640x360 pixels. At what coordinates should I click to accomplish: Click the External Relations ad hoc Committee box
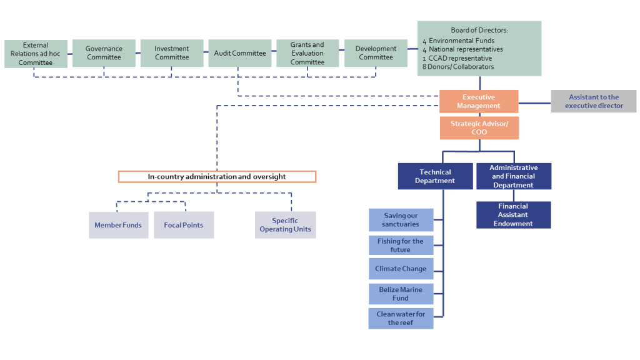point(36,54)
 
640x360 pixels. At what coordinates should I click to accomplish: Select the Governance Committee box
point(104,53)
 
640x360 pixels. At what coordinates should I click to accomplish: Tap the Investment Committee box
point(172,53)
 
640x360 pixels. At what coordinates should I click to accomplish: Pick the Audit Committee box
point(240,53)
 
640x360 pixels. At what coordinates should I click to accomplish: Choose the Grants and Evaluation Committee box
point(307,53)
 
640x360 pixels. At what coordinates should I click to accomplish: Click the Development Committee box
point(376,53)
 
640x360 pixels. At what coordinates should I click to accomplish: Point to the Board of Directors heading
point(479,30)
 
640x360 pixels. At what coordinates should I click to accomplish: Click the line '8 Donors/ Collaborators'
point(459,67)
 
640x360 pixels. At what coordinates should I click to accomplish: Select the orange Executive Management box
point(479,101)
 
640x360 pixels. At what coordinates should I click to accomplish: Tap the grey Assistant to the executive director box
point(593,101)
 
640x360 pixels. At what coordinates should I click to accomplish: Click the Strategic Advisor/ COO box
point(479,128)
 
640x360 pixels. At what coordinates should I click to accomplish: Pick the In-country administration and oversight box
point(217,177)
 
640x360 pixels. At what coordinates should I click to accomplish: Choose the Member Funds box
point(118,225)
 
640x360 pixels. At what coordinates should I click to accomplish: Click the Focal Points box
point(184,225)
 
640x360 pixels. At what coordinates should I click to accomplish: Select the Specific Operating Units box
point(285,225)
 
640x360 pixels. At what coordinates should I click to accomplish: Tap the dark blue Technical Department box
point(435,176)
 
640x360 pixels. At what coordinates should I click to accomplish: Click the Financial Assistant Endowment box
point(513,215)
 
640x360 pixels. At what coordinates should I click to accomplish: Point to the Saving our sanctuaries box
point(401,220)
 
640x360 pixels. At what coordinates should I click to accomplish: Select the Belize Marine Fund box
point(401,294)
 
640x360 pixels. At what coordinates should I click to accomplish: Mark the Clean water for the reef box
point(401,318)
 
